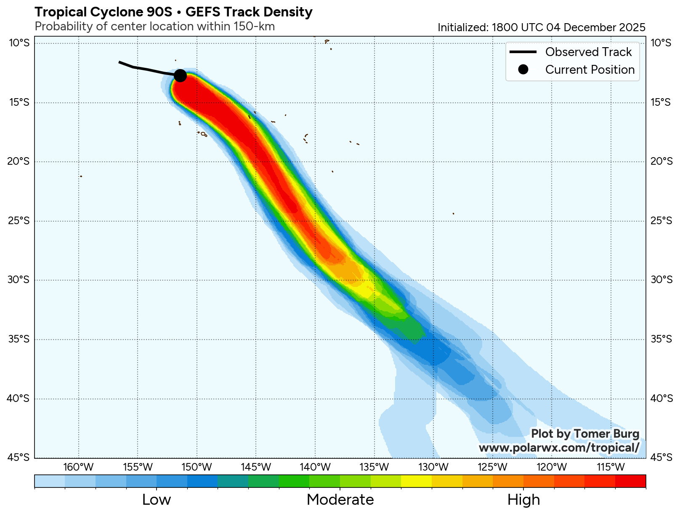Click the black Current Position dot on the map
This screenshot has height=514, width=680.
tap(180, 75)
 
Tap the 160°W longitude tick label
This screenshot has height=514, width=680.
tap(79, 467)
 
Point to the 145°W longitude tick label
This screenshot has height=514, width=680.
tap(256, 467)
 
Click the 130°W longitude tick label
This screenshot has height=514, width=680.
tap(433, 467)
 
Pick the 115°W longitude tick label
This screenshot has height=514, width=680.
tap(611, 467)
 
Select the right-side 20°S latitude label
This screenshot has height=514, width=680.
tap(661, 161)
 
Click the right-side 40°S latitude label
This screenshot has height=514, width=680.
tap(661, 398)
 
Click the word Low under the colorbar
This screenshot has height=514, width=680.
tap(157, 500)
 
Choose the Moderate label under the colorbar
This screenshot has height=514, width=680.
tap(340, 500)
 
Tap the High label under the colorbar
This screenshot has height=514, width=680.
tap(523, 500)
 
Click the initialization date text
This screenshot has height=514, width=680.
tap(541, 27)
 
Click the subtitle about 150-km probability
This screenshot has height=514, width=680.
tap(154, 27)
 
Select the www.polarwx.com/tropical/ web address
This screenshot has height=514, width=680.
tap(559, 447)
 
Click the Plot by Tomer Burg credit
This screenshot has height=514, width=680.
tap(585, 434)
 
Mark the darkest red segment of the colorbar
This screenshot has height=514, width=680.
tap(630, 481)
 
